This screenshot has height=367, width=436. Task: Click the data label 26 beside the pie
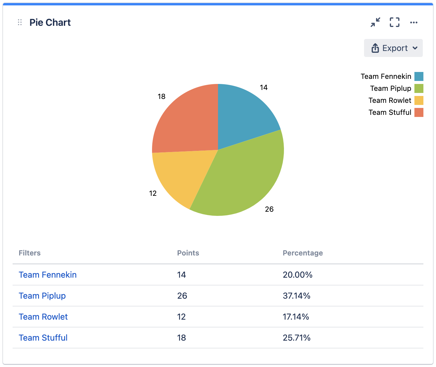tap(269, 209)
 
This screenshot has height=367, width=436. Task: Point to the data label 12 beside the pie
tap(153, 193)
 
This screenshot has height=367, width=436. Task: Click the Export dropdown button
tap(393, 48)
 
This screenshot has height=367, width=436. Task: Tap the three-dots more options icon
tap(414, 22)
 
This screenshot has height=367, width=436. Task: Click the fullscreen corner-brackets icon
tap(395, 22)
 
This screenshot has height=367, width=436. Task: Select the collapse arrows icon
tap(375, 22)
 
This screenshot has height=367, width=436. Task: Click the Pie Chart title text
tap(50, 22)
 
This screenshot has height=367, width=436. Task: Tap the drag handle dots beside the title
tap(20, 22)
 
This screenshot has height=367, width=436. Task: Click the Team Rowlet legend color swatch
tap(419, 100)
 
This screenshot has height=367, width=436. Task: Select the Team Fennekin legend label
tap(386, 76)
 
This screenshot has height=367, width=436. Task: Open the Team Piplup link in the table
tap(42, 296)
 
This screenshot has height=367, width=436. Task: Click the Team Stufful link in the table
tap(43, 338)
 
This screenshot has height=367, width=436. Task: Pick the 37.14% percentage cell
tap(297, 296)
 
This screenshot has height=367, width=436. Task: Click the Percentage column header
tap(303, 253)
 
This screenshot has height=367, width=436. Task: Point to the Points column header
tap(188, 253)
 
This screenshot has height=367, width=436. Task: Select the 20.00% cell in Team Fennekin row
tap(297, 275)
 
